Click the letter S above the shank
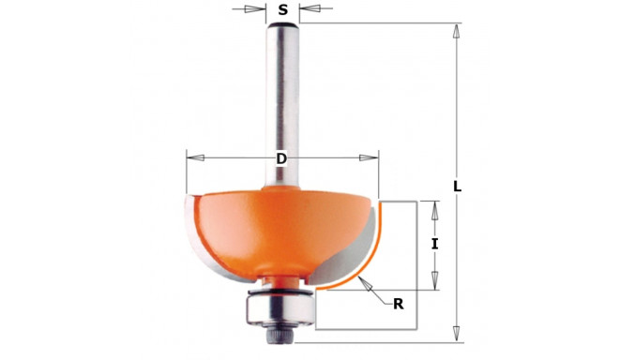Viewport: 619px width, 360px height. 282,9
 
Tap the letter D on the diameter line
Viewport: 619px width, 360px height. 281,158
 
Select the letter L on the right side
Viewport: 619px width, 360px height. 457,187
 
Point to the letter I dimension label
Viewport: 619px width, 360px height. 434,244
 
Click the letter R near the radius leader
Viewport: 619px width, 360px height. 399,304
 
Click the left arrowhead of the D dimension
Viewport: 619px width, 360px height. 195,157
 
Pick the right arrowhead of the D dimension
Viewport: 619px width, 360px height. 369,157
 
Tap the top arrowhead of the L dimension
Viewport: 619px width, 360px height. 457,31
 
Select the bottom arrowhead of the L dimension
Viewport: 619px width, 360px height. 457,333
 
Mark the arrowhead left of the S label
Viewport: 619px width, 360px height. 254,8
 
